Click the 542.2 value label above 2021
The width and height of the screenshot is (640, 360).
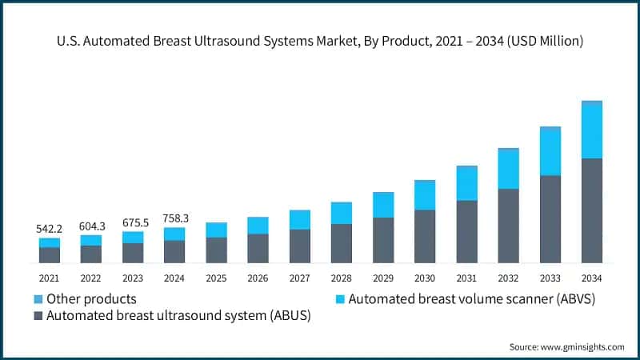click(x=50, y=229)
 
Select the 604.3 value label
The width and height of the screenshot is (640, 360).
click(x=91, y=226)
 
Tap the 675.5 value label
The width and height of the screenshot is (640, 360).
click(x=133, y=223)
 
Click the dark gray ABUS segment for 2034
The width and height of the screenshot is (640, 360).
click(x=591, y=211)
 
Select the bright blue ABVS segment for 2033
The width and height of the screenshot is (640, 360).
click(x=550, y=152)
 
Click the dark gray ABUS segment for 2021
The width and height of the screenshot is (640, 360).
click(x=50, y=255)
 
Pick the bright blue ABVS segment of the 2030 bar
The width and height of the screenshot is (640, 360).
click(x=424, y=196)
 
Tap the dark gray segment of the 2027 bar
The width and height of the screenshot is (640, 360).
click(x=299, y=246)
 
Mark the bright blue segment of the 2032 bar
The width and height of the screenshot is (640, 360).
click(x=508, y=170)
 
